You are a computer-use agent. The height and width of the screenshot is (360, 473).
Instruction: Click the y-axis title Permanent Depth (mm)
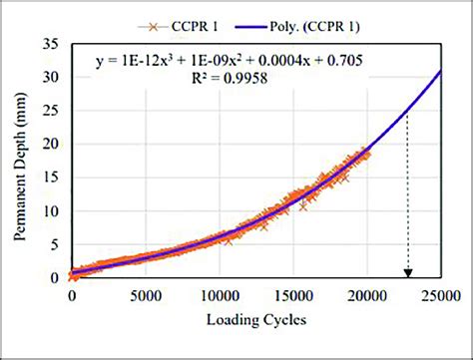point(21,161)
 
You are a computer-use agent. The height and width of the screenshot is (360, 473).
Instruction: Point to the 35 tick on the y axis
point(52,43)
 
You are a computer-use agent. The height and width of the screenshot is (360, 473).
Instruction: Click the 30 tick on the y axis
point(52,77)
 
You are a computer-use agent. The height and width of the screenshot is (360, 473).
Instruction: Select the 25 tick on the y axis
point(52,111)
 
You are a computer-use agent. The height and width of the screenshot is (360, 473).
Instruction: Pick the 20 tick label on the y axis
point(52,145)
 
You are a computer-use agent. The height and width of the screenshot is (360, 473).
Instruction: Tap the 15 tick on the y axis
point(52,178)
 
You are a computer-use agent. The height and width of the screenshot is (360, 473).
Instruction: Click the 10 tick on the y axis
point(52,211)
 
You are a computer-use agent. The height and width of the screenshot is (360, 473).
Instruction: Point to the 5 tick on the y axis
point(56,245)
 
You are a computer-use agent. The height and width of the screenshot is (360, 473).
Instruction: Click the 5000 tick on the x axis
point(146,296)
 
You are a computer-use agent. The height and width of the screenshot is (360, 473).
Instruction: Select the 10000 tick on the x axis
point(220,296)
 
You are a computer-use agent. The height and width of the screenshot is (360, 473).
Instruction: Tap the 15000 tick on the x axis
point(293,296)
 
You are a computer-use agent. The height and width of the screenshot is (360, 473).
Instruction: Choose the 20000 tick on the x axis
point(367,296)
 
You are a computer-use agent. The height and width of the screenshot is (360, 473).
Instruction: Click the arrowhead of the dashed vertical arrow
point(407,273)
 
